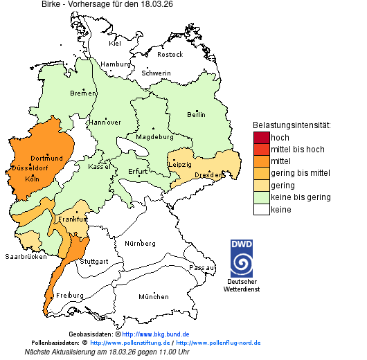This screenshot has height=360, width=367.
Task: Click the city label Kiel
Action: point(115,44)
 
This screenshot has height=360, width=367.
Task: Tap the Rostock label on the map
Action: point(170,54)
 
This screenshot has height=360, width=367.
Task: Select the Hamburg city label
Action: point(116,64)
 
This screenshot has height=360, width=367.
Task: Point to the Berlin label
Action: point(196,115)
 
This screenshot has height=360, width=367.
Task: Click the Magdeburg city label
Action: point(154,137)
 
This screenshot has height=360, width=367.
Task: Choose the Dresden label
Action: point(208,176)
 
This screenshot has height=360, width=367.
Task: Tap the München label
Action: point(154,297)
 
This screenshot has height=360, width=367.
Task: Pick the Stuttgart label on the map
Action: point(94,262)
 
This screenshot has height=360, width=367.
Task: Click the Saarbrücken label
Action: point(26,256)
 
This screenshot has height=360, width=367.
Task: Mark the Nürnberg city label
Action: point(140,244)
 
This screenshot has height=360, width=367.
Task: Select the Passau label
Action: point(202,267)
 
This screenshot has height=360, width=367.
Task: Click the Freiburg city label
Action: point(69,296)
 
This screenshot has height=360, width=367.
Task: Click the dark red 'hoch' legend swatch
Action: point(261,138)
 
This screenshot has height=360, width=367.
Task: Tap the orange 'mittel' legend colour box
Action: point(261,161)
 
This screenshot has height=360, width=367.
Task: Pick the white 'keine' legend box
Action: point(261,210)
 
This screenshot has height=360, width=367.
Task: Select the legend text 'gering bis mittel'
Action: point(300,173)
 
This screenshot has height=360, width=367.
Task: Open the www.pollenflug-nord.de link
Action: point(218,343)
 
